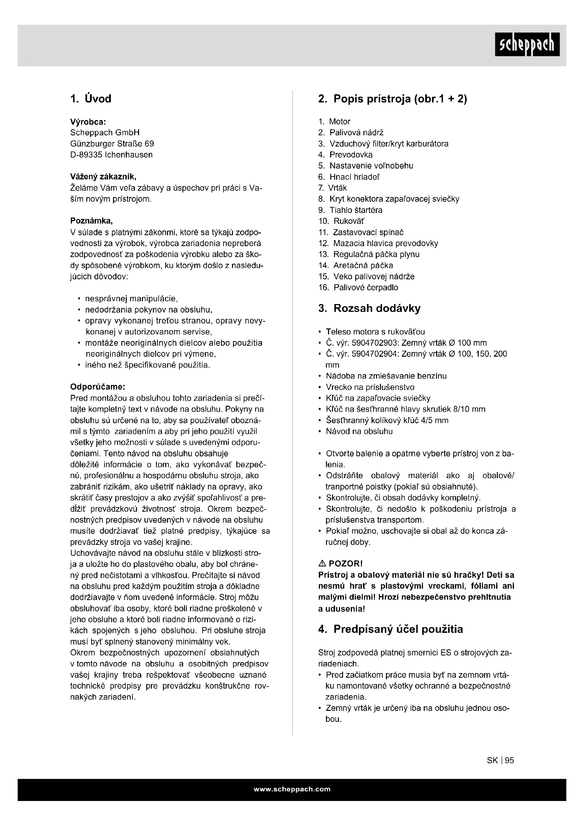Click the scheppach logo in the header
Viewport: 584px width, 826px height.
click(x=527, y=44)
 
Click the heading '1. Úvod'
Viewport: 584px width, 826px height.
click(x=91, y=99)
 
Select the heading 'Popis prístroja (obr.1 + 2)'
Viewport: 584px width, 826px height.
click(x=400, y=99)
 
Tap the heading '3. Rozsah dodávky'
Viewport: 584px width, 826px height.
click(x=369, y=308)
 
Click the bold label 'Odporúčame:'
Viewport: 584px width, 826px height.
click(x=97, y=387)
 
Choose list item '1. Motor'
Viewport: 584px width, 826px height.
click(x=334, y=121)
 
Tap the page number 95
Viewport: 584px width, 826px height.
click(x=509, y=760)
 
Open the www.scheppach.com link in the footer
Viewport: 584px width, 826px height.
click(x=292, y=789)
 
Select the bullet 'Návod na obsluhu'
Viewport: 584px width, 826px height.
click(x=359, y=431)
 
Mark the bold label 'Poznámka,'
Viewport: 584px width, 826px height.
click(x=91, y=221)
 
